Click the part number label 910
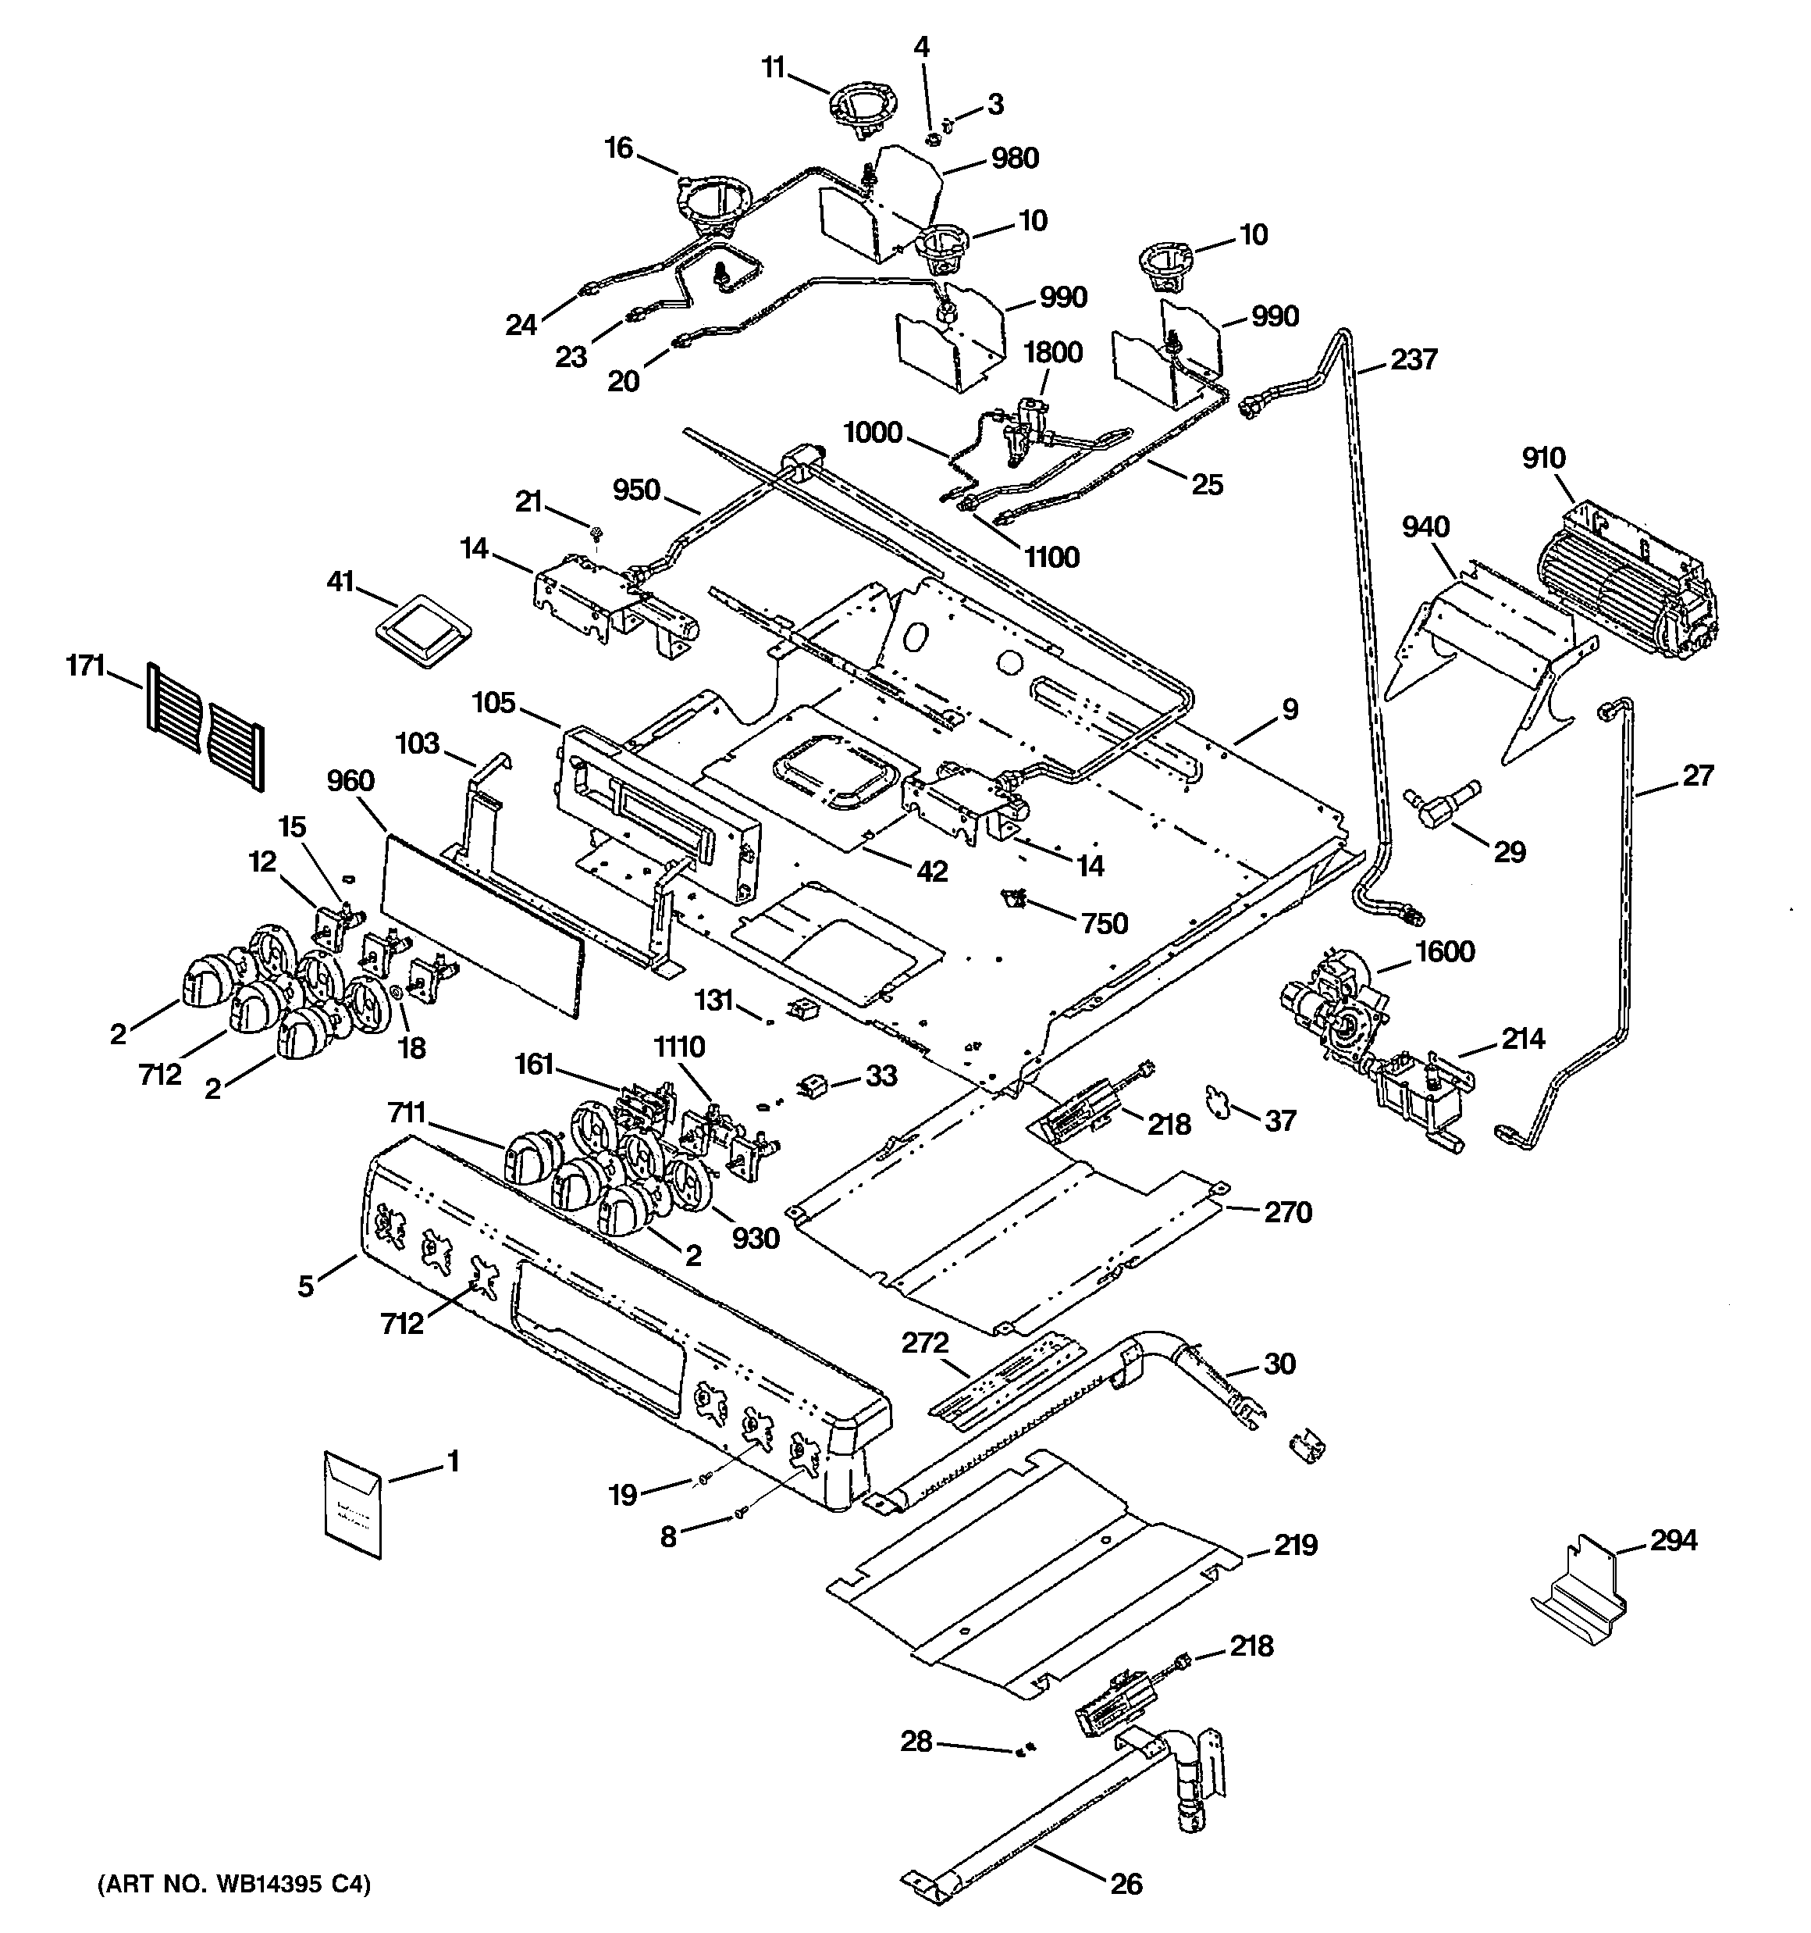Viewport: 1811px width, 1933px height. [1545, 457]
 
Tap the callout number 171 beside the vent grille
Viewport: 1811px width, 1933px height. [86, 667]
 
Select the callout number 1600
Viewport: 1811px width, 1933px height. [1445, 951]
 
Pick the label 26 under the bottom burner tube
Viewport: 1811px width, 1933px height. [1126, 1884]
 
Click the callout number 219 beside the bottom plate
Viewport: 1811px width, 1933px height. [1297, 1544]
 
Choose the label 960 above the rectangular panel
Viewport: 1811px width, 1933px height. [351, 781]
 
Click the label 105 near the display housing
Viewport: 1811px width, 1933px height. [494, 703]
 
